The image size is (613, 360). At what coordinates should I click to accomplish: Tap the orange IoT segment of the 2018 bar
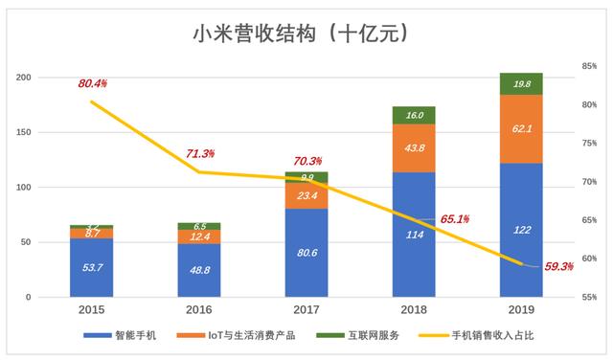point(414,147)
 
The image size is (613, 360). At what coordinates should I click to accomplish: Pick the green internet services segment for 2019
point(521,83)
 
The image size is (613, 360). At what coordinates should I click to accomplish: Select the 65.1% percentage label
point(454,219)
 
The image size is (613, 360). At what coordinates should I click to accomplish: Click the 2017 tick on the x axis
point(306,310)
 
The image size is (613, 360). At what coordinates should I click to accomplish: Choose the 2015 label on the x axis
point(92,310)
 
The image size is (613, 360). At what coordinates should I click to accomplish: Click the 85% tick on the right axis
point(588,66)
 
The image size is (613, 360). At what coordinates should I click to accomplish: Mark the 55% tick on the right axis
point(588,298)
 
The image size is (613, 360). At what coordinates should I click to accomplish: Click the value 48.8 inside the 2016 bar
point(199,271)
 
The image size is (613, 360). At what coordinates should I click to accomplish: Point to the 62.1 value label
point(521,127)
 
